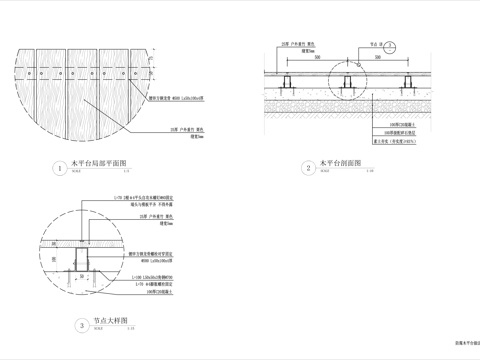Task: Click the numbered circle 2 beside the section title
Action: pos(309,168)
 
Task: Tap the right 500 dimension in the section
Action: pos(403,59)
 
